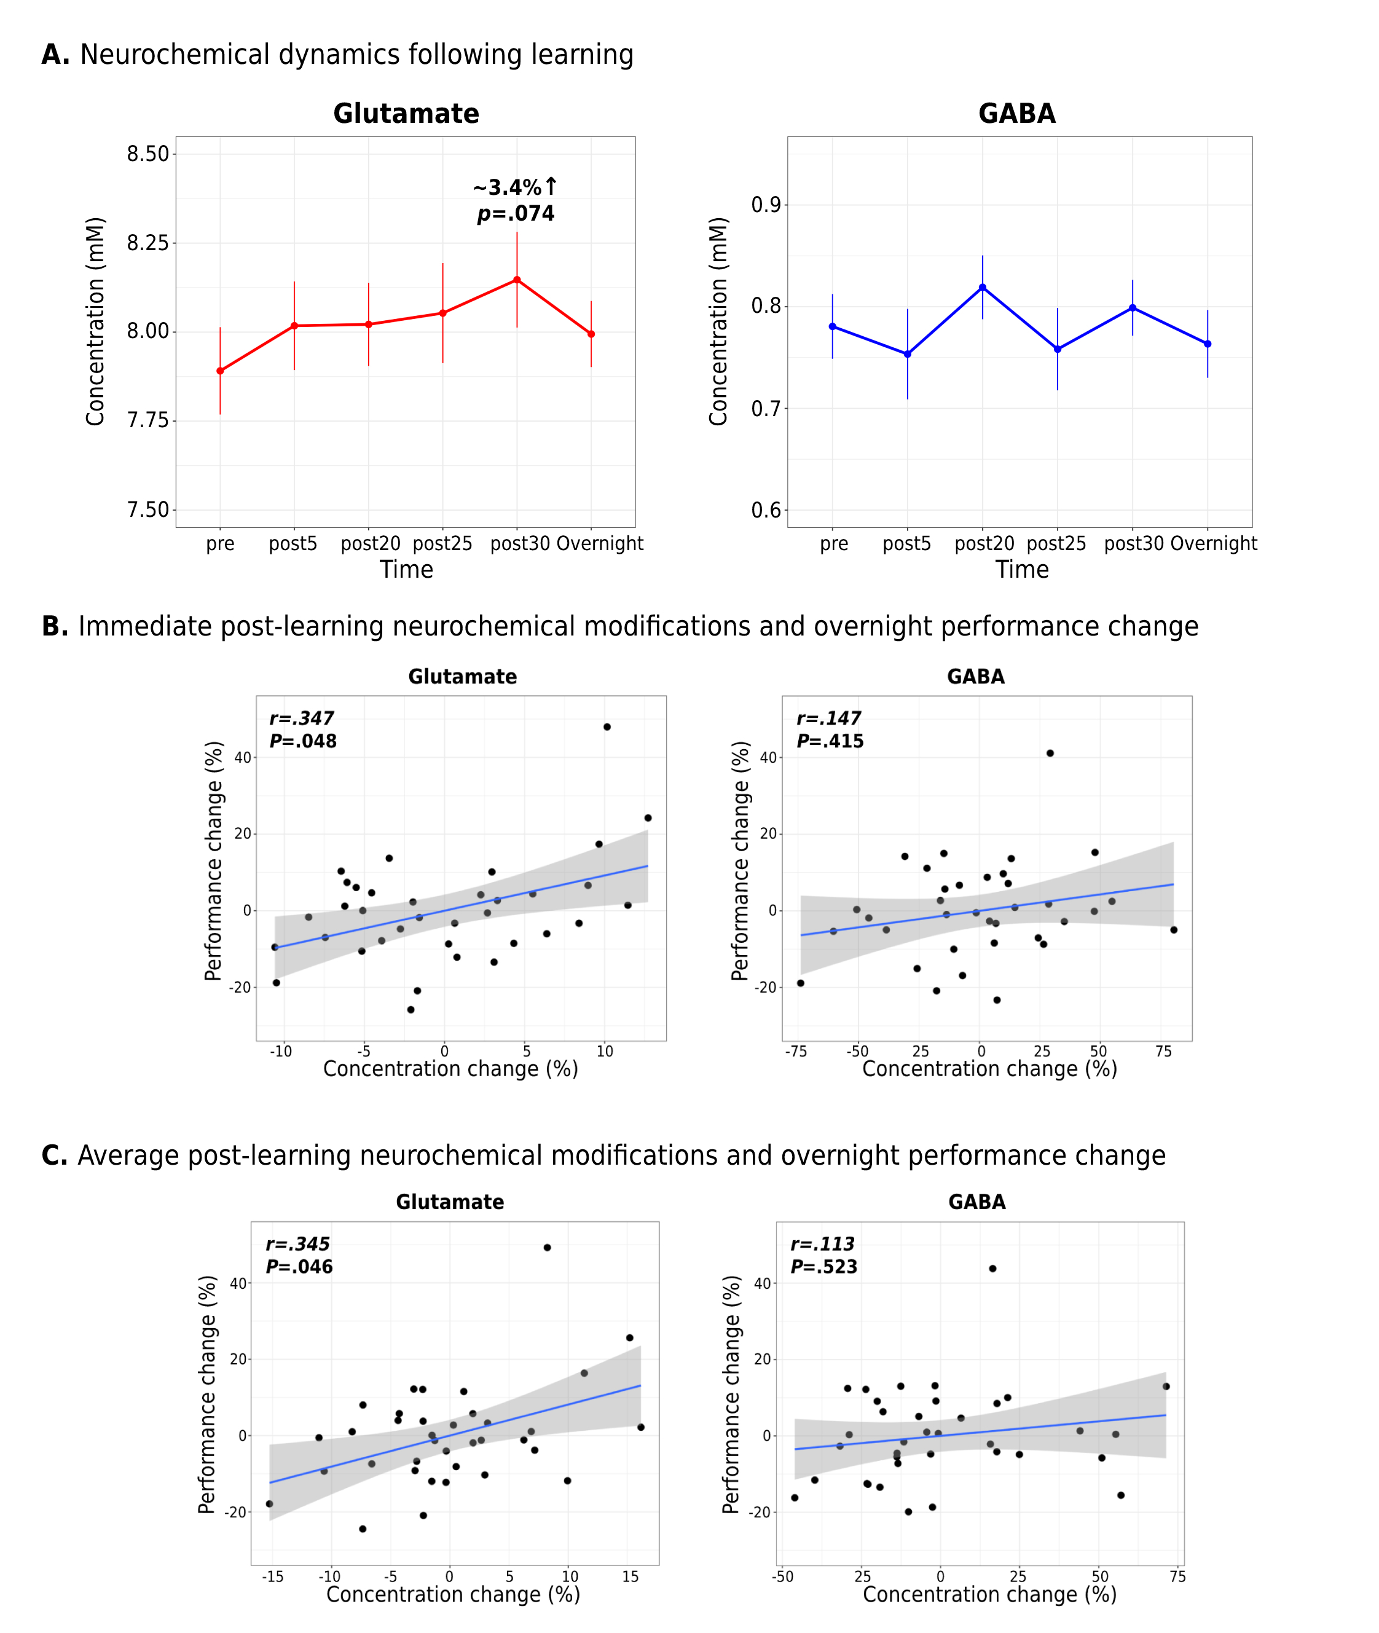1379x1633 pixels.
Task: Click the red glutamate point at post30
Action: point(517,280)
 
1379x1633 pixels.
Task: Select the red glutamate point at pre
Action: point(221,371)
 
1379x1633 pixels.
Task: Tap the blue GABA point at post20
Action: point(983,288)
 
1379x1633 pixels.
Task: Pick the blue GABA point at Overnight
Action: point(1208,344)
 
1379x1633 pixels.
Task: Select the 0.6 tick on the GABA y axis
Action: point(766,511)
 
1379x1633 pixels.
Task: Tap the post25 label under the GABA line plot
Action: point(1056,544)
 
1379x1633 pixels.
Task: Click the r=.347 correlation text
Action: point(301,718)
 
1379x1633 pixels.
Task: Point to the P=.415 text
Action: point(830,741)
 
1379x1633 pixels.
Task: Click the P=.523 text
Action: point(823,1266)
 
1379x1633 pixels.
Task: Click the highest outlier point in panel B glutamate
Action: point(607,727)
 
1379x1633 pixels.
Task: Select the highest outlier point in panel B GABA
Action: point(1050,754)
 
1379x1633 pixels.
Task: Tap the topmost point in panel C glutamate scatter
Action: point(547,1248)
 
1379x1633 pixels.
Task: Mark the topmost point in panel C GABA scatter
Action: point(993,1269)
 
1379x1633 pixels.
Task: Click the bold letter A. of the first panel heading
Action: point(55,55)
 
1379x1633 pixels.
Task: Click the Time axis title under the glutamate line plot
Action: point(406,570)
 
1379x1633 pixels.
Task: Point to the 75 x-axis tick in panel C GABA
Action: point(1177,1576)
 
